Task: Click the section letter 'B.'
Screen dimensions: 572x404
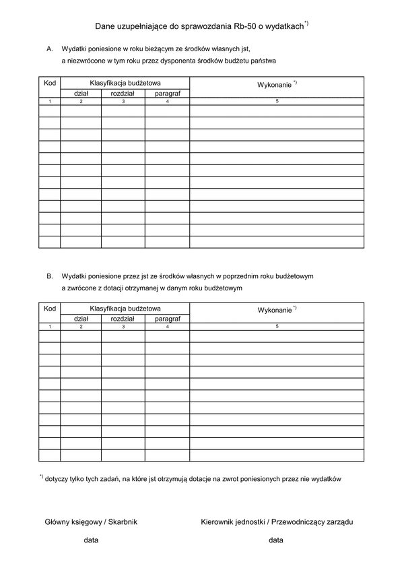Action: click(x=50, y=276)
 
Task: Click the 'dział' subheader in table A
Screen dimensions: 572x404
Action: click(x=81, y=93)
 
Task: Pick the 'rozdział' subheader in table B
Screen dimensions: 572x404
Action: click(x=123, y=319)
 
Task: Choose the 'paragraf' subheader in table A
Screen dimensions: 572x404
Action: click(x=167, y=93)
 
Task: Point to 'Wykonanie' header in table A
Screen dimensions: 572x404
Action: click(x=275, y=86)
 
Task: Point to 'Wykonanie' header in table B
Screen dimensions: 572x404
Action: click(x=275, y=311)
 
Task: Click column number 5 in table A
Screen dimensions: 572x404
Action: click(x=277, y=101)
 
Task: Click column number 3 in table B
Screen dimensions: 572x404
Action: click(x=123, y=327)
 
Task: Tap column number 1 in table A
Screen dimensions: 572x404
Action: click(x=49, y=101)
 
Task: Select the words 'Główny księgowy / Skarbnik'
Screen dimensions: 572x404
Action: click(x=91, y=521)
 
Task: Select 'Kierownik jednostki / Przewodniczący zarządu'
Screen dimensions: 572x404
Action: click(x=277, y=521)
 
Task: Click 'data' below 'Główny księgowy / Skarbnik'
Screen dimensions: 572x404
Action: click(x=91, y=540)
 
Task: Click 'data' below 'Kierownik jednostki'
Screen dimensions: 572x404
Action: click(x=275, y=540)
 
